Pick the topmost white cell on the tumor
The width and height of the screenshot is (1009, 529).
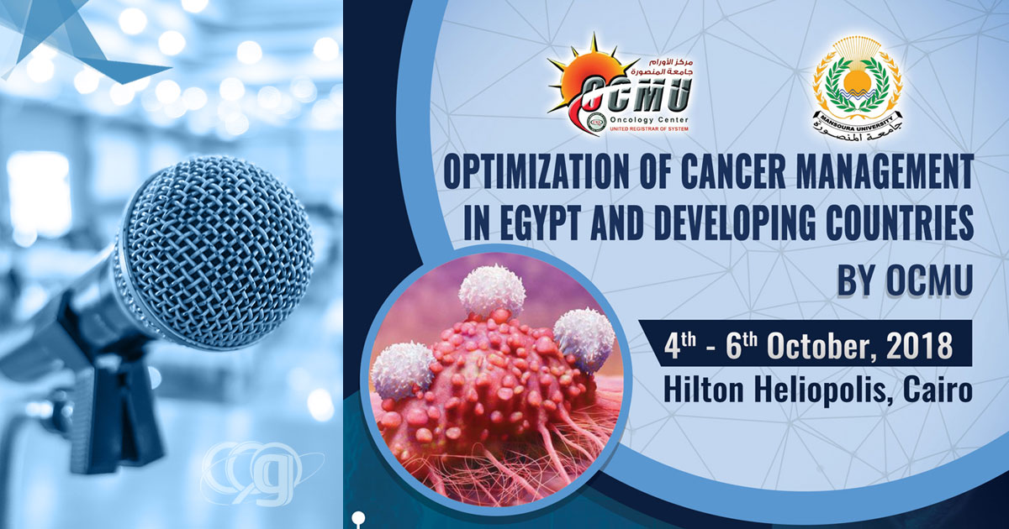(492, 290)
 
